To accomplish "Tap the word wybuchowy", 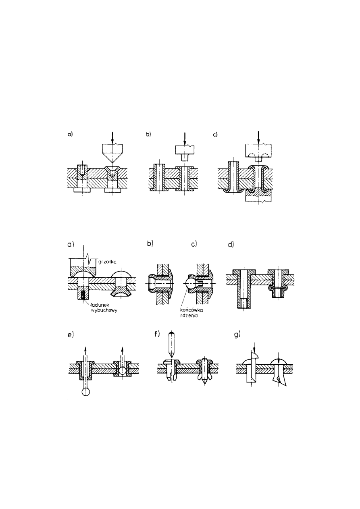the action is click(102, 310).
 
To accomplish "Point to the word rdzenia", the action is click(188, 316).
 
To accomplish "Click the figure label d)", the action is click(231, 245).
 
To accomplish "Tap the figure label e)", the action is click(71, 335).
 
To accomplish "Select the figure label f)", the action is click(157, 334).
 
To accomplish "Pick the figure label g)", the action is click(237, 335).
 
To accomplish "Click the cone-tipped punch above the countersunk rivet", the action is click(112, 153).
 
